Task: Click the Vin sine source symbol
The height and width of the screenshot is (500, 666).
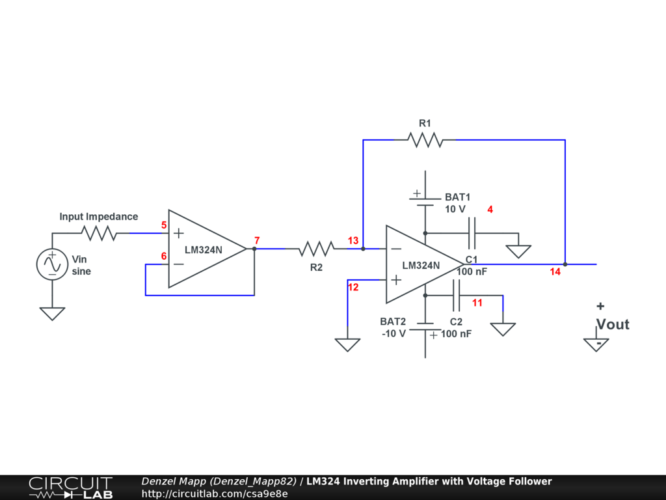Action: coord(52,264)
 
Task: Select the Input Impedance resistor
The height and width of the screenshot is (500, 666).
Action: coord(99,233)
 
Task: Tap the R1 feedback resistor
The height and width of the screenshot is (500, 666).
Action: coord(425,139)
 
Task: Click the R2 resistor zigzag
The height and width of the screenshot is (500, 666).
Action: coord(316,249)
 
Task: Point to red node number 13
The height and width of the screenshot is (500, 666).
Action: coord(353,241)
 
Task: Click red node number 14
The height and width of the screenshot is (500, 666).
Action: coord(555,272)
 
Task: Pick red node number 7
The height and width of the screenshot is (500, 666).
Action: coord(257,241)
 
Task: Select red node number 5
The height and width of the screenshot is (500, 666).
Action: coord(164,225)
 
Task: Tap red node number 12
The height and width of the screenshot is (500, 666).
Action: coord(353,287)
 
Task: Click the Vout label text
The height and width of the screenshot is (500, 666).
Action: coord(613,324)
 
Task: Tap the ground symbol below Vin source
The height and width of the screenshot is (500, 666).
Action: coord(52,314)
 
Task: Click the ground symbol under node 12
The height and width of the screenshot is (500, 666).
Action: coord(347,344)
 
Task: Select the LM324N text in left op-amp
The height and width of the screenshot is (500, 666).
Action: coord(203,249)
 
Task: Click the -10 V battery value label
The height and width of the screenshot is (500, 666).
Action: coord(393,333)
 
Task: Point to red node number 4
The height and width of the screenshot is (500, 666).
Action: coord(490,210)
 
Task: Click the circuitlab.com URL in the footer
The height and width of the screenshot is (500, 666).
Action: coord(215,493)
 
